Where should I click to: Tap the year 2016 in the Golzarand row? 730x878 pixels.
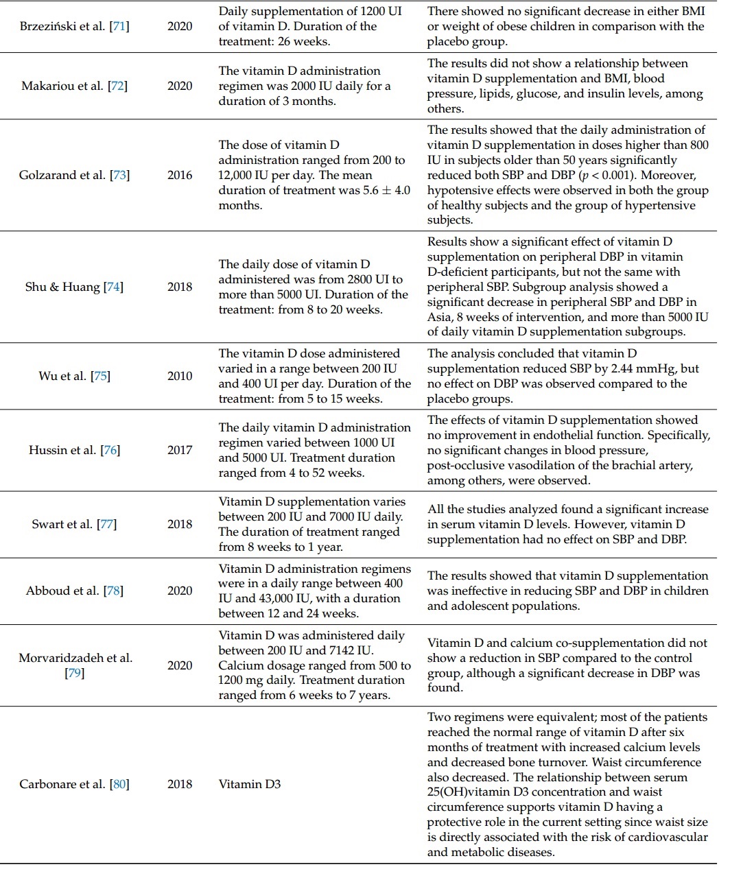180,175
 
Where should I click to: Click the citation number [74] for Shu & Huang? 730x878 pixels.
113,287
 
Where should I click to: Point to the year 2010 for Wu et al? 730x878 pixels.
180,376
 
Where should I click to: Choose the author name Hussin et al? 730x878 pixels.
62,451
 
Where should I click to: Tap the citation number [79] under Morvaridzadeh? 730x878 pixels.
74,674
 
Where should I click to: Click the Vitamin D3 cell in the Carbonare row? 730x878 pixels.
250,784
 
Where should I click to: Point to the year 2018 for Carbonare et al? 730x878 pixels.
180,784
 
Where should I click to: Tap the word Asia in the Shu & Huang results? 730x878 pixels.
440,317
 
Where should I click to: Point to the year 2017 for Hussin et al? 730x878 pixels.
180,451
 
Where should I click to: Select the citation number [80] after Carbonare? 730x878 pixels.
119,784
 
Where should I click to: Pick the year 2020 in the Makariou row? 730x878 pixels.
180,86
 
